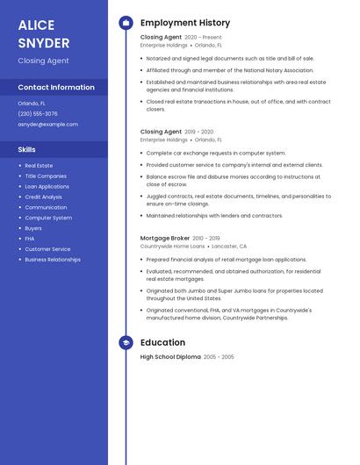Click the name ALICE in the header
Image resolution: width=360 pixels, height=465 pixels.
click(x=36, y=25)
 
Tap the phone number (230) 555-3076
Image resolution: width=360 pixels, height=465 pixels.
click(x=38, y=113)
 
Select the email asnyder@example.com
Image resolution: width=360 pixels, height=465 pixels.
click(x=47, y=124)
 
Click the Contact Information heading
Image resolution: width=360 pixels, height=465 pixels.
click(x=56, y=87)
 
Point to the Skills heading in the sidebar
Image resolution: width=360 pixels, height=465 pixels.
click(x=26, y=149)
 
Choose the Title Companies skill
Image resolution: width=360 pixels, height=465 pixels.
click(x=46, y=175)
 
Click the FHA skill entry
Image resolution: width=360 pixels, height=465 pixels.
click(x=30, y=239)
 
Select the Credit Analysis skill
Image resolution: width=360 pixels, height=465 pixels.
click(x=44, y=197)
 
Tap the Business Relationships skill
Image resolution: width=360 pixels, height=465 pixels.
click(x=53, y=260)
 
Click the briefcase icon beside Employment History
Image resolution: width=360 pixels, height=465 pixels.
click(x=126, y=23)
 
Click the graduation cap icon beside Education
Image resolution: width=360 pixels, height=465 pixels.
click(x=126, y=343)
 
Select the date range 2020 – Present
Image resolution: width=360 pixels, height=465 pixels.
click(x=203, y=38)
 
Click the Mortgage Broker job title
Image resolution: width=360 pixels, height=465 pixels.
click(x=165, y=238)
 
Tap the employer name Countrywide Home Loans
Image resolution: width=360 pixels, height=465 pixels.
click(x=172, y=247)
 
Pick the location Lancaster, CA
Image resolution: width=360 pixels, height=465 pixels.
click(x=230, y=247)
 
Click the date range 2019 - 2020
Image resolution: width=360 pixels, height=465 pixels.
click(x=199, y=132)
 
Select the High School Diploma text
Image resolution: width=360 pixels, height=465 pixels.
click(x=170, y=357)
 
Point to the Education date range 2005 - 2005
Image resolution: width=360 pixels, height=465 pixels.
click(x=219, y=357)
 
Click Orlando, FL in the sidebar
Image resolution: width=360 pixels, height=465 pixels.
click(x=32, y=103)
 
